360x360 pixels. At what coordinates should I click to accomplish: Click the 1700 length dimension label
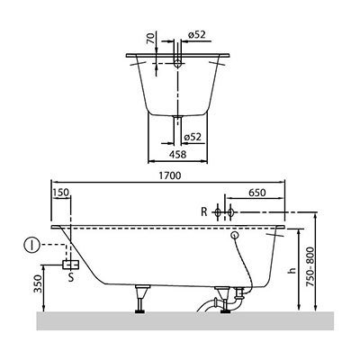[x=170, y=175]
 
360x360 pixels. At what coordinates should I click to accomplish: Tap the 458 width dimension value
[x=177, y=154]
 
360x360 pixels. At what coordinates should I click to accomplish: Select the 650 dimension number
[x=257, y=193]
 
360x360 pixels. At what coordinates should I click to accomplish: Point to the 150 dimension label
[x=61, y=193]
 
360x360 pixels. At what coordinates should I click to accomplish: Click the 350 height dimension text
[x=38, y=284]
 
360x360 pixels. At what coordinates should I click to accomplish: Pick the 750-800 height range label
[x=310, y=266]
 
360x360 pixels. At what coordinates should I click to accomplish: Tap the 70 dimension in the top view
[x=152, y=38]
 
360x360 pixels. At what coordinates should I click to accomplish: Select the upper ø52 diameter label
[x=197, y=35]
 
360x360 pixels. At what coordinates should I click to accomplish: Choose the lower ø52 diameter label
[x=193, y=137]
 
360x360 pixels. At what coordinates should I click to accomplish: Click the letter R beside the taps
[x=204, y=212]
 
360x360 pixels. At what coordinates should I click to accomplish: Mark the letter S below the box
[x=71, y=277]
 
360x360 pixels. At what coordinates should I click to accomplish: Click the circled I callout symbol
[x=31, y=245]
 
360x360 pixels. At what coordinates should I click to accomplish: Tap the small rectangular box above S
[x=70, y=265]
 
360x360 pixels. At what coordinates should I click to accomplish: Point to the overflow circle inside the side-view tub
[x=235, y=236]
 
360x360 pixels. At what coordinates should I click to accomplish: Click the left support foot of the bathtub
[x=140, y=299]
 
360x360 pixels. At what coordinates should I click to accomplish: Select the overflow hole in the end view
[x=178, y=63]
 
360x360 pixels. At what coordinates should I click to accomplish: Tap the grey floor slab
[x=185, y=320]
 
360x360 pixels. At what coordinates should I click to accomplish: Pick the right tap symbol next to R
[x=230, y=212]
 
